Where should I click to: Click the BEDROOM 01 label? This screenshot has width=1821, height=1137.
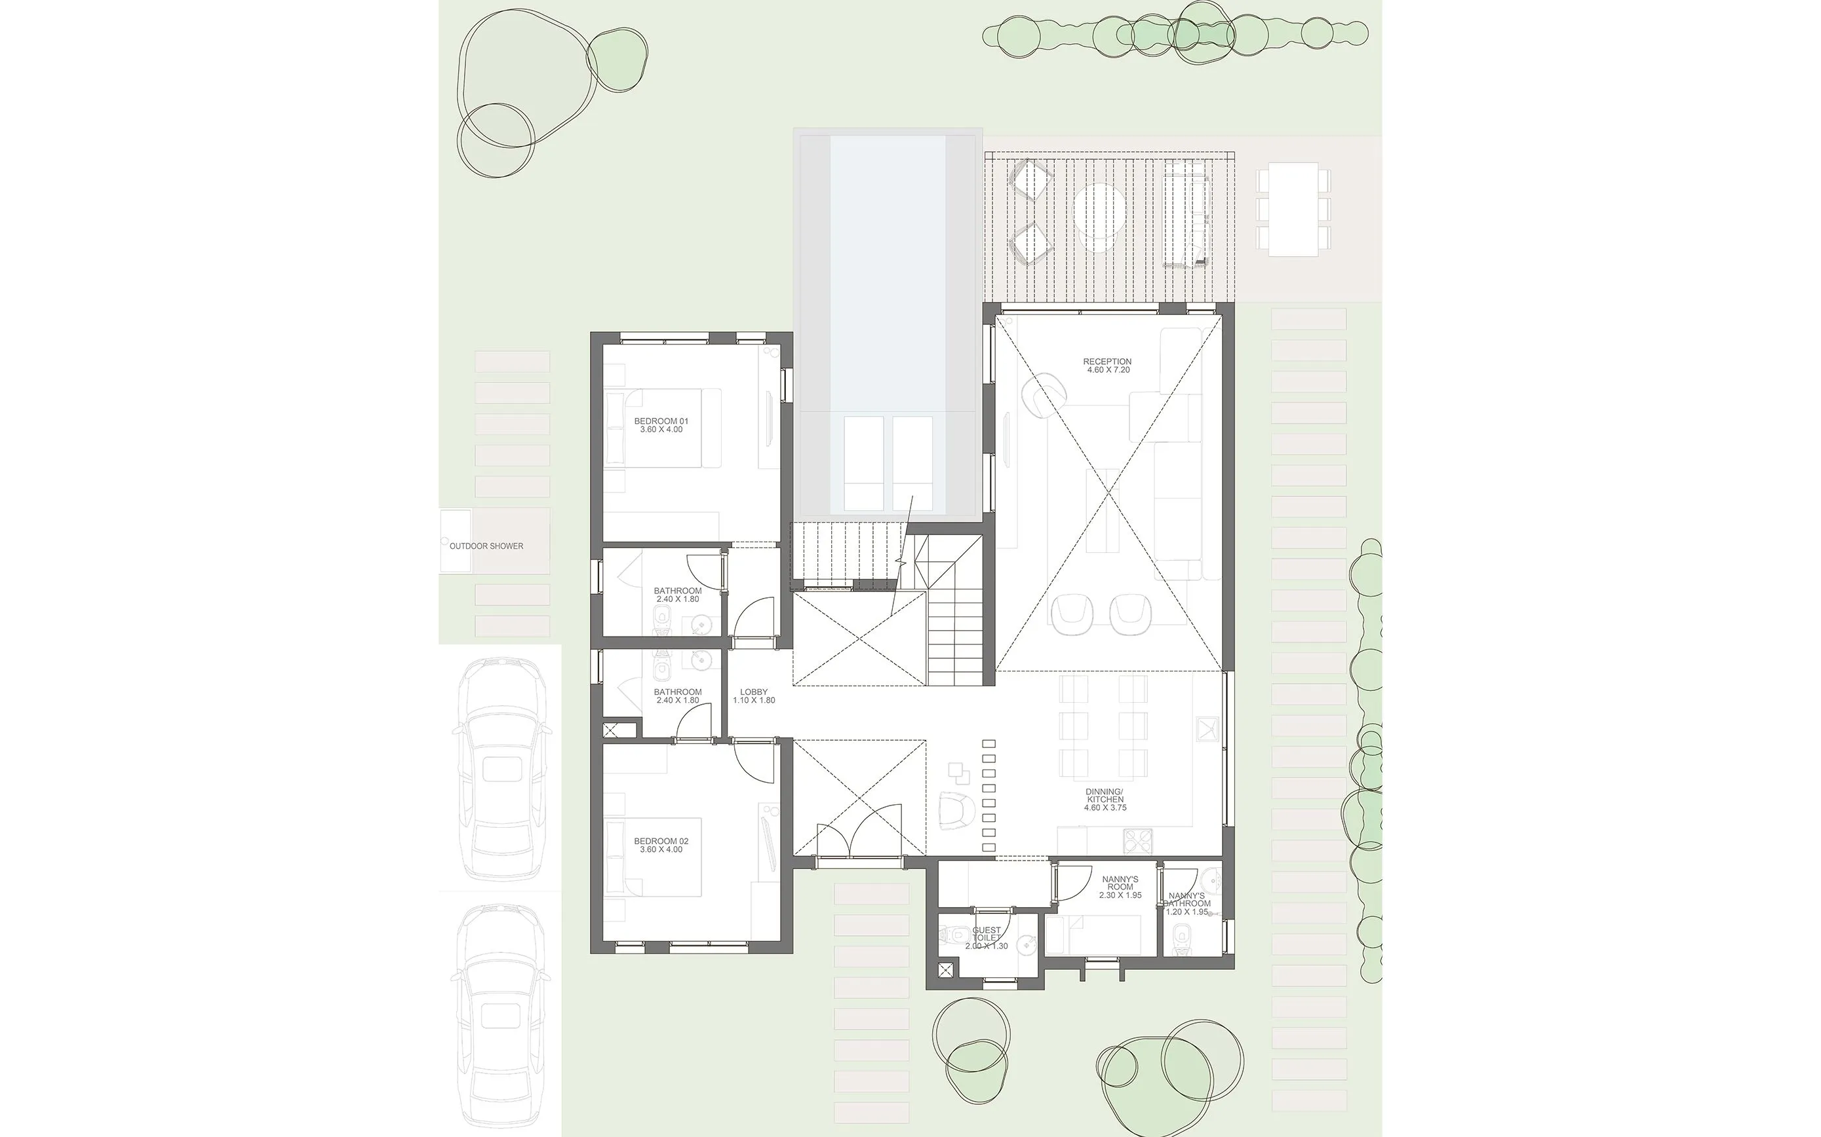pos(661,421)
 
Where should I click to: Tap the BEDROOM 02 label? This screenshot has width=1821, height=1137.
pos(661,841)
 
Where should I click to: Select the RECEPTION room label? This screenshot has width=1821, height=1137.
pos(1107,362)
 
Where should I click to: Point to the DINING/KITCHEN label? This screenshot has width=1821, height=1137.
pos(1104,796)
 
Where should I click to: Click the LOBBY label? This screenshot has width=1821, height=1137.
pos(754,692)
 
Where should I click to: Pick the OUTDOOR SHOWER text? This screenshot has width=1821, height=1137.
pos(486,546)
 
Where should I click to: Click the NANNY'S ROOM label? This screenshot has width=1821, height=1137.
pos(1120,883)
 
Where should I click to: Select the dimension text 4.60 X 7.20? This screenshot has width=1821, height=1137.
pos(1108,371)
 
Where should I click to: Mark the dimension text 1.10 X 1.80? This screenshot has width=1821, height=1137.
pos(754,701)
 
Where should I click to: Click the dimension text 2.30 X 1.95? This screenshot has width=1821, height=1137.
pos(1120,895)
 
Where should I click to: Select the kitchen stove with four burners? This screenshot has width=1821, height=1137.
pos(1137,841)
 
